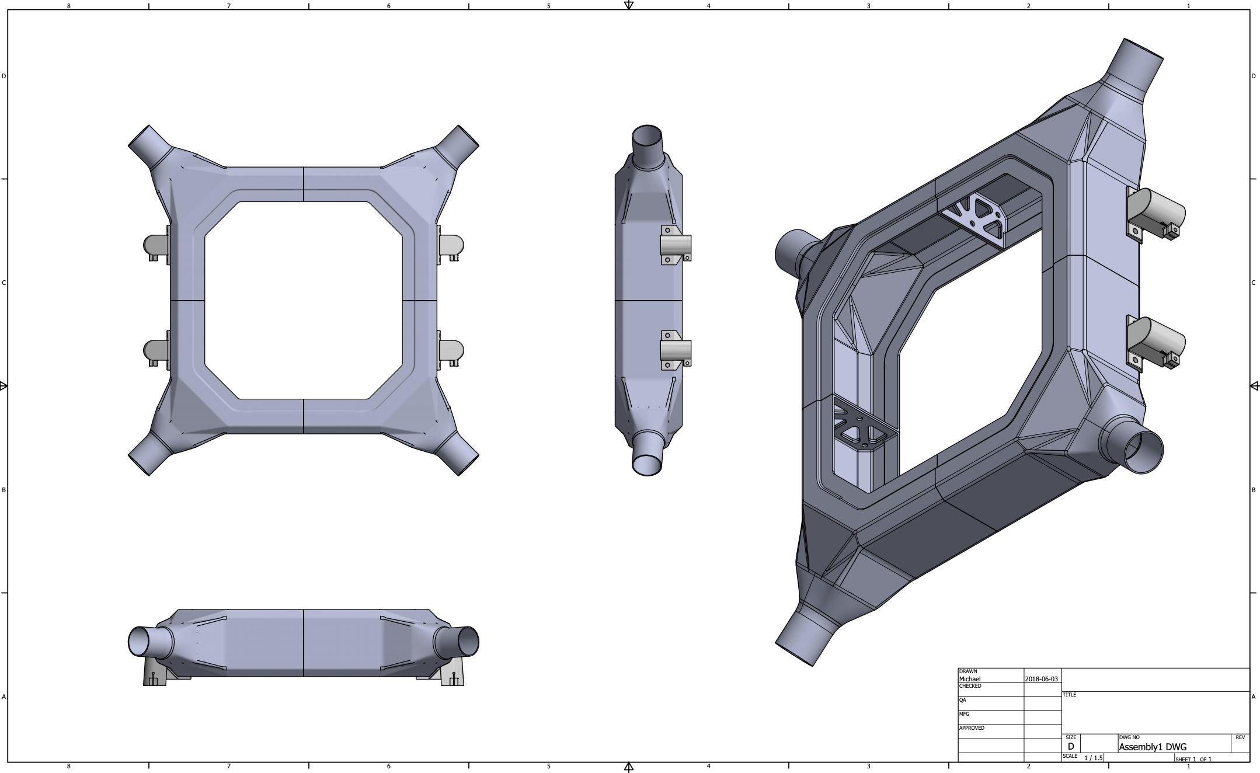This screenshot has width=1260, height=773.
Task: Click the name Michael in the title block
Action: (x=970, y=679)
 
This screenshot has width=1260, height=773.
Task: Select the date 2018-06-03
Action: (x=1041, y=679)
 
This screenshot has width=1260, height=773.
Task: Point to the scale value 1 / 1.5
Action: (x=1093, y=758)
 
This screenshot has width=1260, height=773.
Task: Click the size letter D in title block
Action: (x=1070, y=746)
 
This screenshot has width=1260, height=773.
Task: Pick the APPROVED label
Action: (x=972, y=728)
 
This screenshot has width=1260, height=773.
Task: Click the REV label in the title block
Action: (x=1240, y=737)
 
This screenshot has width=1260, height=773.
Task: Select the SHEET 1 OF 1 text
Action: (x=1193, y=759)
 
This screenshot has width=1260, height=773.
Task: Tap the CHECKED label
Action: (x=970, y=686)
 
